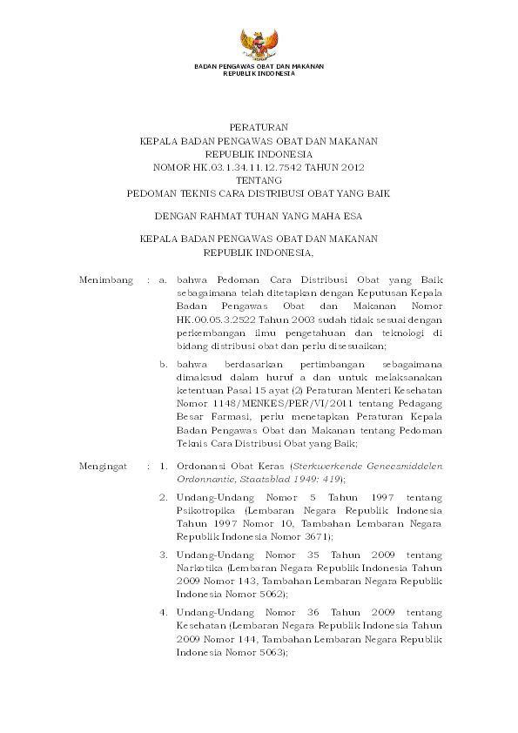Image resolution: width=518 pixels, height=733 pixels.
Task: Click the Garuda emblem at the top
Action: click(x=259, y=44)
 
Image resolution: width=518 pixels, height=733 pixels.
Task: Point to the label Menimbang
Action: click(x=106, y=281)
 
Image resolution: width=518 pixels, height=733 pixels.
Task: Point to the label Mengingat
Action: click(x=105, y=467)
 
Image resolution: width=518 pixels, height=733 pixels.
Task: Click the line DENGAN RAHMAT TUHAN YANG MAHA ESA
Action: click(x=258, y=213)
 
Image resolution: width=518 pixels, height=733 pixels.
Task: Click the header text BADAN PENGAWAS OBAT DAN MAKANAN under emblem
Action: click(x=258, y=68)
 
